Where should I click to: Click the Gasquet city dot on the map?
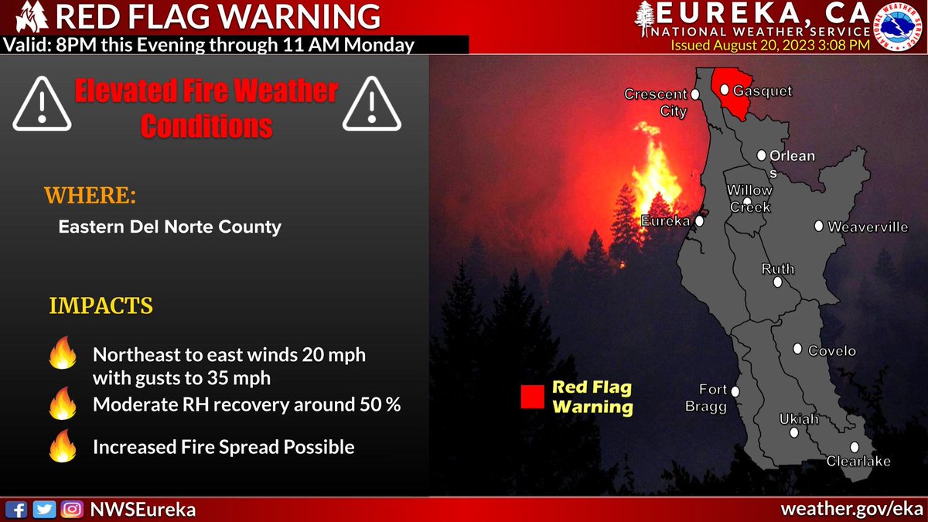pos(725,90)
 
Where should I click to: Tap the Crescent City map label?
pos(656,102)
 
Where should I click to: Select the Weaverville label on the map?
pos(868,227)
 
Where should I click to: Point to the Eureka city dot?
pos(699,221)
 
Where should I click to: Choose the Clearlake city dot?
pos(855,447)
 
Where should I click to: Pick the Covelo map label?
pos(832,351)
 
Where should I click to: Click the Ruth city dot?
pos(777,283)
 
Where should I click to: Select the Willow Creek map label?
pos(749,199)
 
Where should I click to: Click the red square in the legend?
pos(532,397)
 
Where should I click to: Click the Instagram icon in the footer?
pos(72,510)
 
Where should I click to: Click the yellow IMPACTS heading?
pos(101,306)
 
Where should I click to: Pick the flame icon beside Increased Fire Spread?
pos(61,446)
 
